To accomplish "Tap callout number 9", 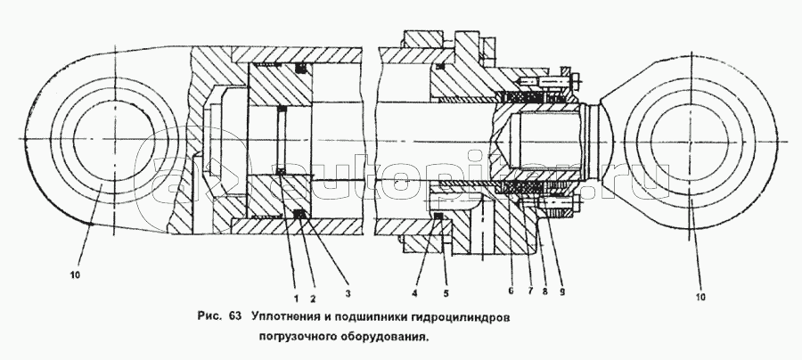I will coord(561,290).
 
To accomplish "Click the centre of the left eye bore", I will coord(113,143).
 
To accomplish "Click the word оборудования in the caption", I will coord(384,337).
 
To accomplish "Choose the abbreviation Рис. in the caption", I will coord(209,315).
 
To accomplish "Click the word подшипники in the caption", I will coord(372,315).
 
